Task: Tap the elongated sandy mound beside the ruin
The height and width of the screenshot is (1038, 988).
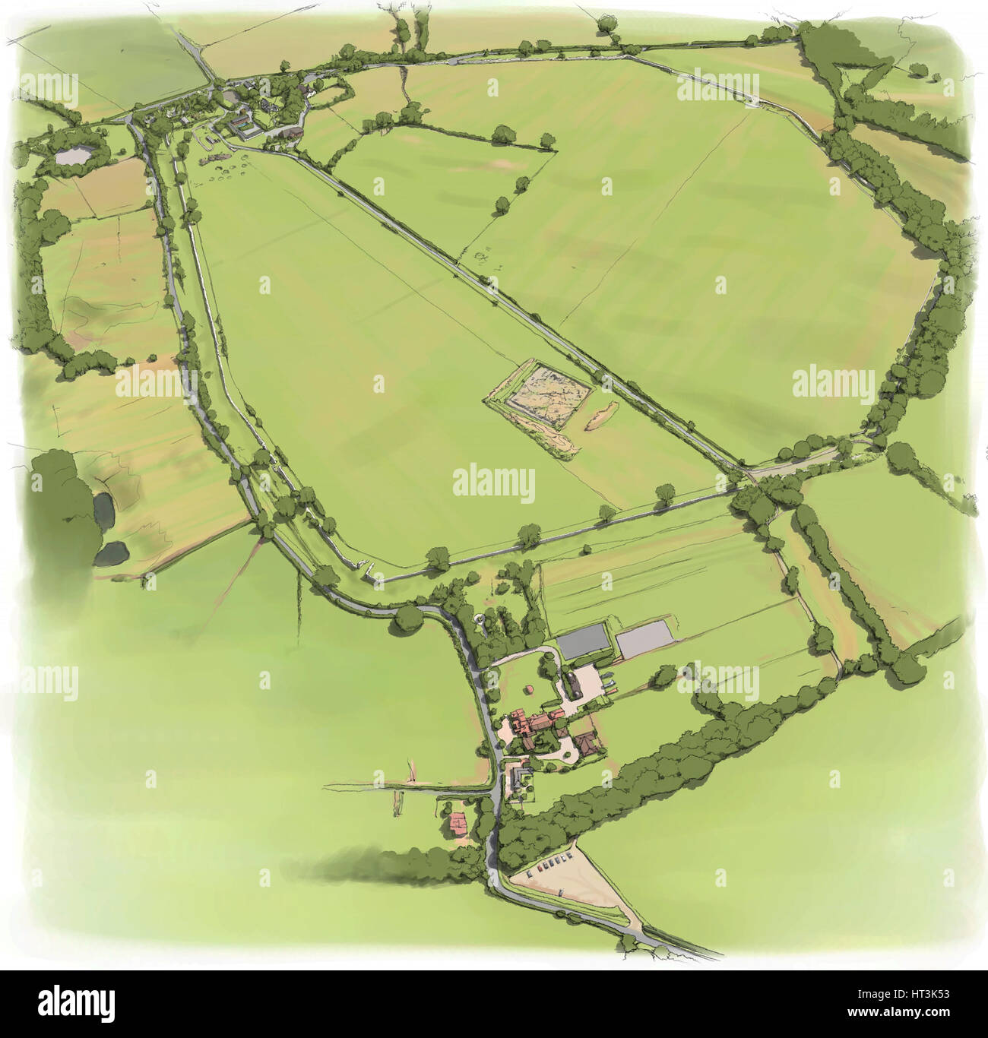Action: coord(603,415)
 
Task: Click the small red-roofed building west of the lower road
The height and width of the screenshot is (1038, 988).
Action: coord(458,822)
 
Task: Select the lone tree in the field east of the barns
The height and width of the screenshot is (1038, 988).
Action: coord(663,674)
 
